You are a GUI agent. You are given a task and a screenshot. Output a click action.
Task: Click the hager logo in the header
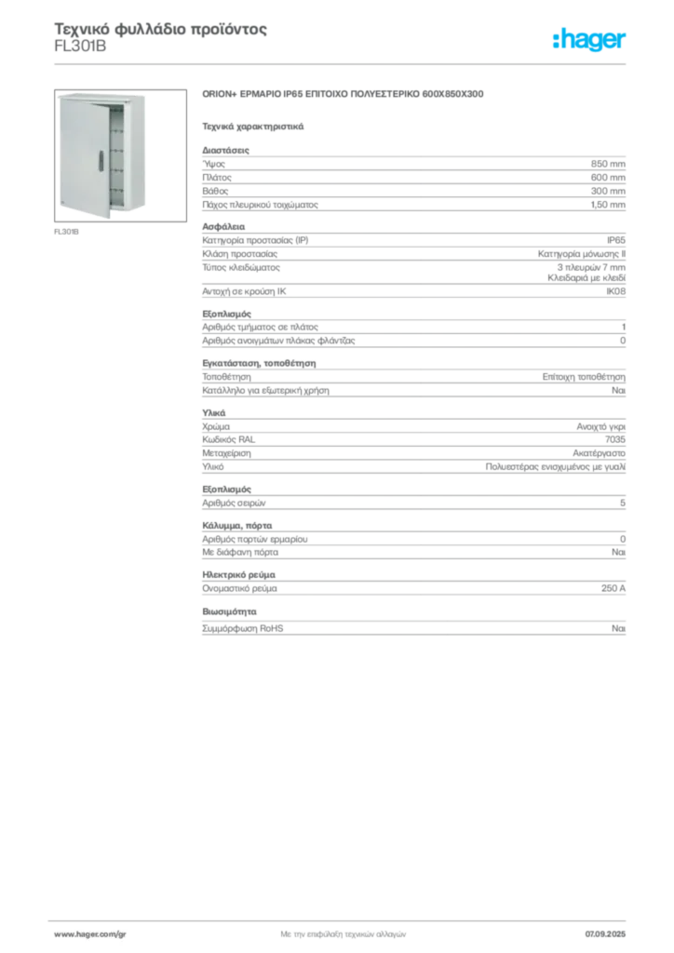pos(589,40)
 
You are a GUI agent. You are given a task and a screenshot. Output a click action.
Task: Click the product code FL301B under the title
pos(80,47)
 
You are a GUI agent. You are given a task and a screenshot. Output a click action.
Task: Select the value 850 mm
pos(608,164)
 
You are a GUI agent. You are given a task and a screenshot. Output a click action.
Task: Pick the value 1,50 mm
pos(608,205)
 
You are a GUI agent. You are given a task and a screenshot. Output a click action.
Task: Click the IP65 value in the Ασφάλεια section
pos(616,240)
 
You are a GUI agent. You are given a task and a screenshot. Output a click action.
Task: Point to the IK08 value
pos(615,291)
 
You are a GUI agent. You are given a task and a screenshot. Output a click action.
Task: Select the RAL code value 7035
pos(615,439)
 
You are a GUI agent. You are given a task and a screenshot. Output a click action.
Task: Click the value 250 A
pos(613,588)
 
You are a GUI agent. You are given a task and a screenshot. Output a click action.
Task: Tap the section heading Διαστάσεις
pos(225,150)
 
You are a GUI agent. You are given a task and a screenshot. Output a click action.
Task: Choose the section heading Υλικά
pos(214,412)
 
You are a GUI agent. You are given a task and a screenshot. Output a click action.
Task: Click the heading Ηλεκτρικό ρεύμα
pos(239,575)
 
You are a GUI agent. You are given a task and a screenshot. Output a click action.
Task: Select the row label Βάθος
pos(215,191)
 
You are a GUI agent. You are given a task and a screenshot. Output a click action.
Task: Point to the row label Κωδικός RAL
pos(228,439)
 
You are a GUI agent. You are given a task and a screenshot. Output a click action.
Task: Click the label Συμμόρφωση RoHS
pos(242,628)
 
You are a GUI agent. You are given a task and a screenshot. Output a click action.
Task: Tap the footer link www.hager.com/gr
pos(90,934)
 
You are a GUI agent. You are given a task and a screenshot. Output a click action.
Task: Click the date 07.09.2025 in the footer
pos(605,934)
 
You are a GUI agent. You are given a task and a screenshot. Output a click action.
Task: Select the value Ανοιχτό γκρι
pos(601,426)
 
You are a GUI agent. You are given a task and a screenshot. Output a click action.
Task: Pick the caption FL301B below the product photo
pos(66,232)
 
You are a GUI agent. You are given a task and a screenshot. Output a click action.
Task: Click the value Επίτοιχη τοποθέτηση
pos(584,377)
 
